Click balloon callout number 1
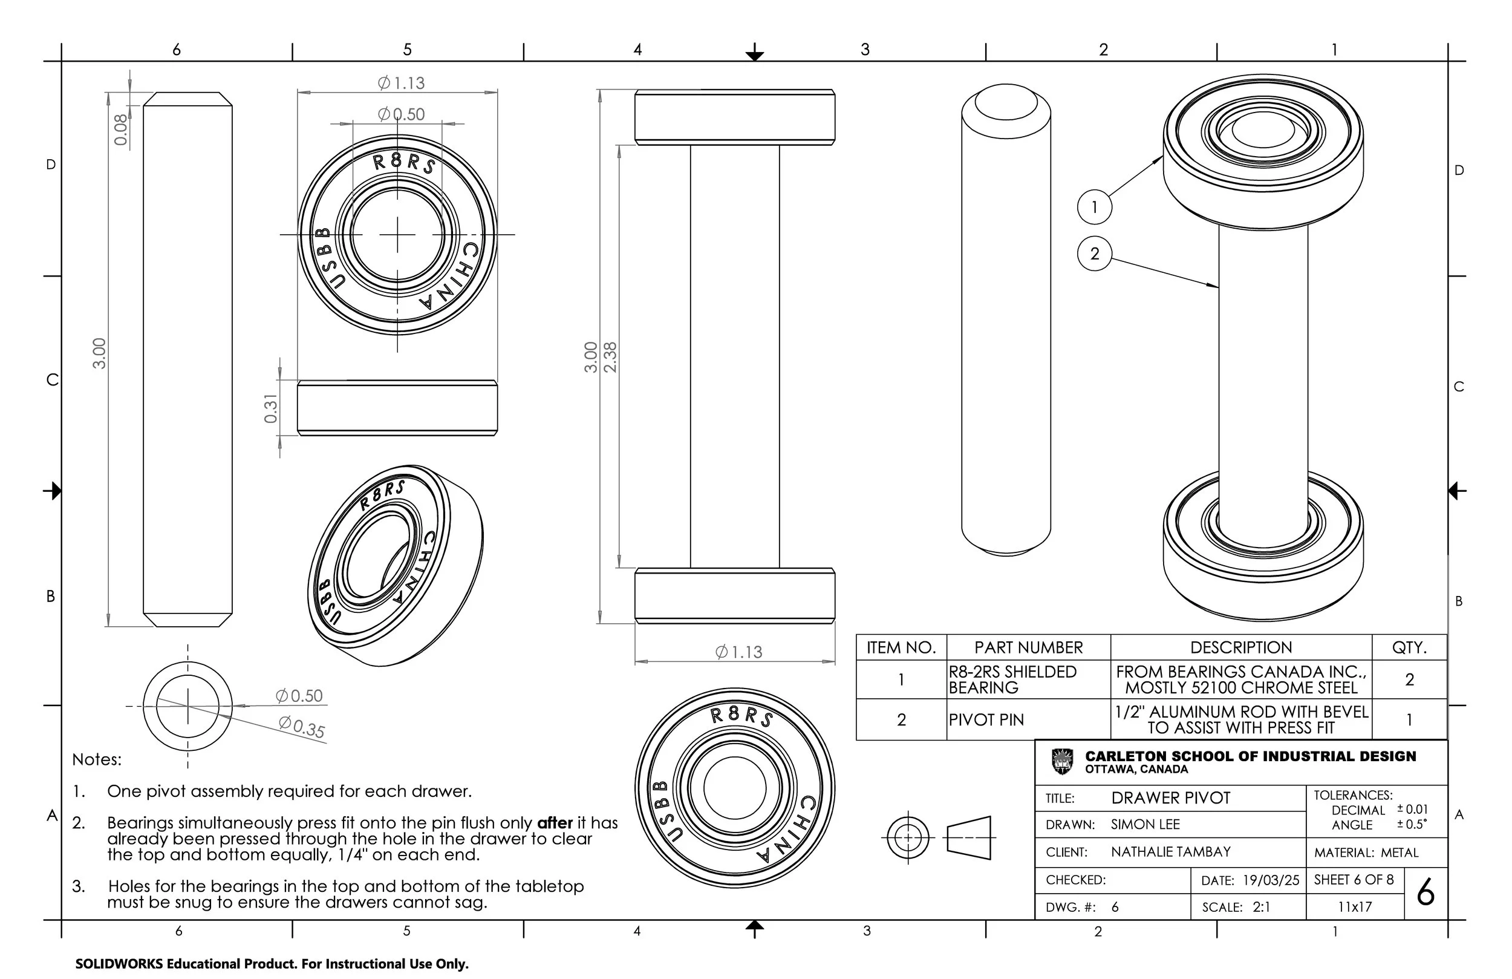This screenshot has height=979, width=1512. pyautogui.click(x=1095, y=206)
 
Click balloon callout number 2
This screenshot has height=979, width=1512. pyautogui.click(x=1095, y=254)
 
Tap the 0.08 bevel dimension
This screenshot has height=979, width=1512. pyautogui.click(x=120, y=129)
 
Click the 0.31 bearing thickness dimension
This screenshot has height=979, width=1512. pyautogui.click(x=270, y=409)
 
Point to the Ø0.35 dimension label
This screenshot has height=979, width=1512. pyautogui.click(x=302, y=727)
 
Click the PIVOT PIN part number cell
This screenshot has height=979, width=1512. pyautogui.click(x=986, y=719)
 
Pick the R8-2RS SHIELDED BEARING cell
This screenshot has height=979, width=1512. pyautogui.click(x=1012, y=679)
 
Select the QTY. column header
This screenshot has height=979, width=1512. pyautogui.click(x=1409, y=647)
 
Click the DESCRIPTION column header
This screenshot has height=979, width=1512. pyautogui.click(x=1240, y=647)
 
